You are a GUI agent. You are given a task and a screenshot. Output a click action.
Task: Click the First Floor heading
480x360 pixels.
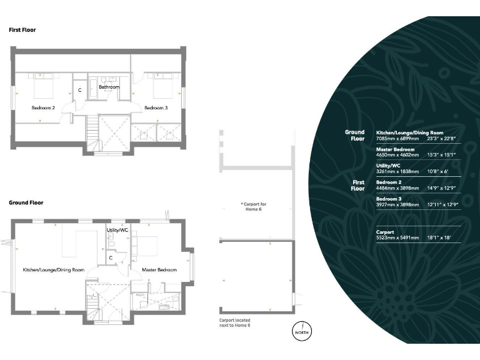coord(22,30)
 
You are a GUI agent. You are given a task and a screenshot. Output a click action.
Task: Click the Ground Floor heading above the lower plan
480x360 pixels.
coord(26,202)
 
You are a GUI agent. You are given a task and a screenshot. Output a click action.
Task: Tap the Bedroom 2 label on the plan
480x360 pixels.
coord(43,107)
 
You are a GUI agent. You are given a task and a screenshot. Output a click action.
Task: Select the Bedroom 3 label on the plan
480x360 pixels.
coord(156,107)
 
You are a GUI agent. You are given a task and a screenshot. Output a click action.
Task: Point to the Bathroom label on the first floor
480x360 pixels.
coord(109,87)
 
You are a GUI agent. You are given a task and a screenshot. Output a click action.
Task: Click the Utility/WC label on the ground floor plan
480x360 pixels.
coord(117,230)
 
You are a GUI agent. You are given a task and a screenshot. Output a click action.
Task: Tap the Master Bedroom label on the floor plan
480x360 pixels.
coord(159,270)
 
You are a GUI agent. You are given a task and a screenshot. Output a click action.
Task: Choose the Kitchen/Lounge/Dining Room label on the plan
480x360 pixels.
coord(54,270)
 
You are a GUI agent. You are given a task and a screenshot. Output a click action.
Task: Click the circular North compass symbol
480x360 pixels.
coord(302,331)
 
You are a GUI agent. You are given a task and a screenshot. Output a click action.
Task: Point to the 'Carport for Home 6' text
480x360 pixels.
coord(254,207)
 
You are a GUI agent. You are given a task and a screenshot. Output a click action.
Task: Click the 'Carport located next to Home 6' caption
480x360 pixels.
coord(235,322)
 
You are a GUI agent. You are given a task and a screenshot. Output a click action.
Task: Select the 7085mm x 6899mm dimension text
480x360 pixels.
coord(397,138)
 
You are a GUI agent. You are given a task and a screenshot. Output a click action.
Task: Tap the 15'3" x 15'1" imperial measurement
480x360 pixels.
coord(441,155)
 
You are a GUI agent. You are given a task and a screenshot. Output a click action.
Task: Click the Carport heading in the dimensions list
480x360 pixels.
coord(385,232)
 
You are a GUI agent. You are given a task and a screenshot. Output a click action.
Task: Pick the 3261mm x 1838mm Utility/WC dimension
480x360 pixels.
coord(397,171)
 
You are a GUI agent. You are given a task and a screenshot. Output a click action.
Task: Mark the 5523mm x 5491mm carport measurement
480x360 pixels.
coord(397,237)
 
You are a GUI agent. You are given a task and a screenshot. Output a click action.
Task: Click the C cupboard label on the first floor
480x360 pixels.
coord(80,90)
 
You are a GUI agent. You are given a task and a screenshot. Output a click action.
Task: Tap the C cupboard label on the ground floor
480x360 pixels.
coord(111,257)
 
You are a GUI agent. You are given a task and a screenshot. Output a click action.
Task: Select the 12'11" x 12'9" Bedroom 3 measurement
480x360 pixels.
coord(442,204)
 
